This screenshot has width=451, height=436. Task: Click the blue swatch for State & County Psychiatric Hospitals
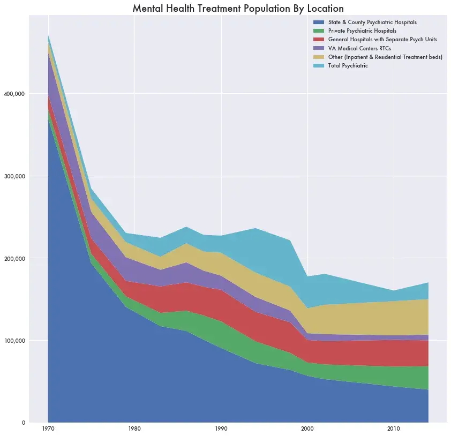318,22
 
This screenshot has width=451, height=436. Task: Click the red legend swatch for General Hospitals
318,40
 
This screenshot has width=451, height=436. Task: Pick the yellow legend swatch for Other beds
318,57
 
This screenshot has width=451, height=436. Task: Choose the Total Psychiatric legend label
348,65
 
